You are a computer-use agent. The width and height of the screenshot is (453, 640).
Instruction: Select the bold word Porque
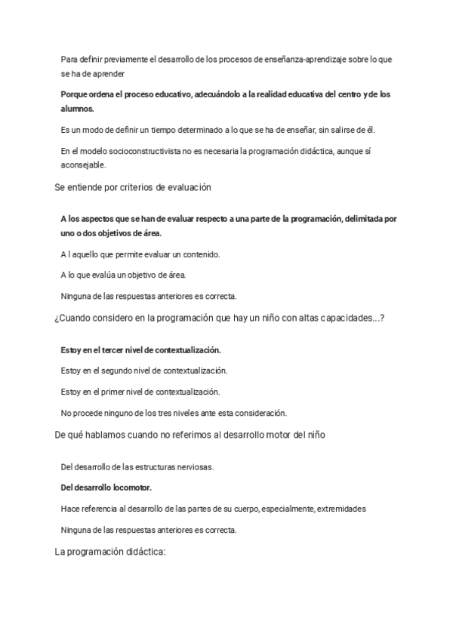(75, 94)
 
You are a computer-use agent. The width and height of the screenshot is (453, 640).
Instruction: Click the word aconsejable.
(83, 165)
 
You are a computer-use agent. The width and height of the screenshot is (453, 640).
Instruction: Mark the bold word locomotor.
(138, 488)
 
